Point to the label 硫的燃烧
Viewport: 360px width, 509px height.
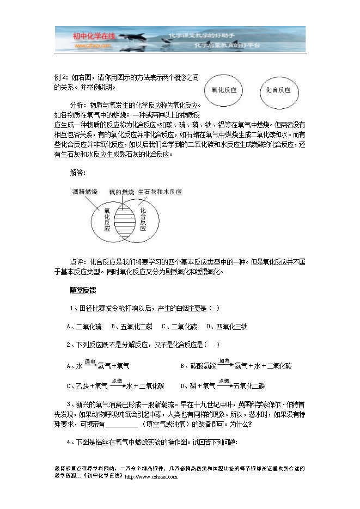click(x=120, y=192)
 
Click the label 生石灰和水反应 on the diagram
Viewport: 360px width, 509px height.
click(x=160, y=192)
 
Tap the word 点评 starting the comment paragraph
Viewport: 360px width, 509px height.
click(x=77, y=261)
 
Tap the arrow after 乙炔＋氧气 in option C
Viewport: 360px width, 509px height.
click(x=117, y=386)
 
